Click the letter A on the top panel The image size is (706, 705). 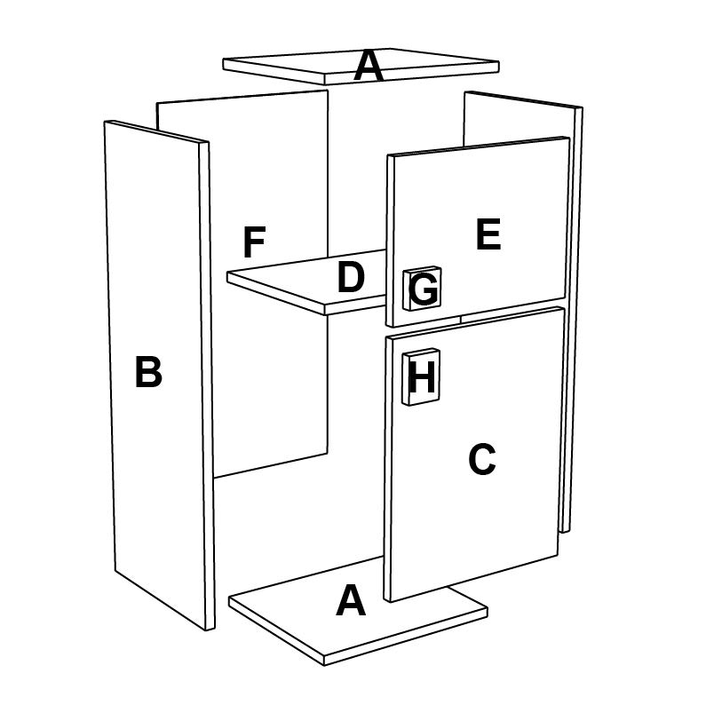[369, 67]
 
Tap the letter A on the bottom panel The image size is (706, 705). [351, 601]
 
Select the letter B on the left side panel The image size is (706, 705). [148, 373]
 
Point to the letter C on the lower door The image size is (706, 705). [481, 459]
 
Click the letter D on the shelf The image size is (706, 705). [351, 279]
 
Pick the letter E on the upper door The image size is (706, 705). [488, 235]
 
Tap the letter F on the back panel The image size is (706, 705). [255, 243]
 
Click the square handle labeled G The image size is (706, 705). [424, 289]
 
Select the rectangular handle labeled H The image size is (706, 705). [422, 378]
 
